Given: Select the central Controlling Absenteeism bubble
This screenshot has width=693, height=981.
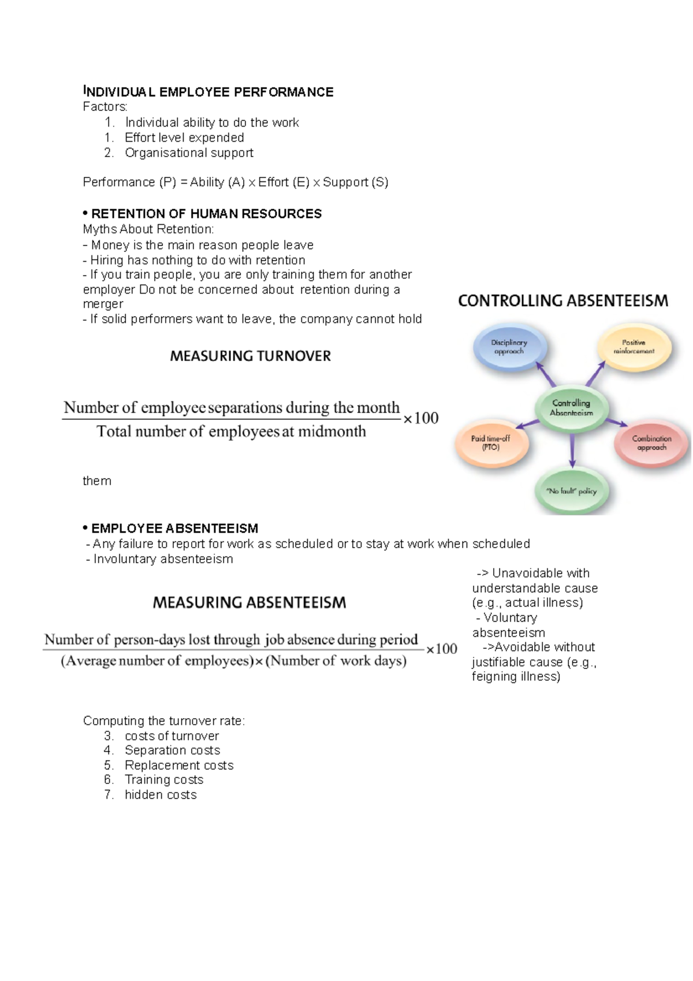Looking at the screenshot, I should [571, 408].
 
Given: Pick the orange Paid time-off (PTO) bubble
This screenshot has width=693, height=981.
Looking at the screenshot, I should [491, 443].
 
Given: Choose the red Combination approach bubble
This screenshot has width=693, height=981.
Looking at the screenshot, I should [651, 443].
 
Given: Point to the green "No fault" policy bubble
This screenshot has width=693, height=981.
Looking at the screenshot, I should [571, 491].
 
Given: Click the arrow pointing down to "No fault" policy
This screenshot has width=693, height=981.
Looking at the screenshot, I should [572, 451].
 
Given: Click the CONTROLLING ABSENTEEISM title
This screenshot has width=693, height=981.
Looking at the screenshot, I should [562, 301].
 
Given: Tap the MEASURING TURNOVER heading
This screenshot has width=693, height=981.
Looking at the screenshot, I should [250, 356].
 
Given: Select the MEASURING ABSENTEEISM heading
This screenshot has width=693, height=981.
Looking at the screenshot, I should [249, 603].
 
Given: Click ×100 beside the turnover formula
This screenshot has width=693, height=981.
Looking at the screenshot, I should [420, 418].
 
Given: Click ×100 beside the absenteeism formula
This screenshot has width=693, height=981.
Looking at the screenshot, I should [442, 649].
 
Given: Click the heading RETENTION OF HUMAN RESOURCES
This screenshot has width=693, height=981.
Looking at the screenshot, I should [206, 214].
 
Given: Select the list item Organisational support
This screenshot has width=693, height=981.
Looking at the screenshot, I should [189, 153].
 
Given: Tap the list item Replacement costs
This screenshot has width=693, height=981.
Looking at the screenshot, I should [179, 766].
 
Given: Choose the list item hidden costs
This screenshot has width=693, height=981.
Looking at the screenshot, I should [161, 795].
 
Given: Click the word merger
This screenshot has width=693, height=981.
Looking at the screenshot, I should [103, 304].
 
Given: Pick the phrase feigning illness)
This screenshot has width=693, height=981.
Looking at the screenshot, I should [516, 677].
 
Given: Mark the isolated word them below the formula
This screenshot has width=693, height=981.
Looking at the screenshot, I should [97, 481].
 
